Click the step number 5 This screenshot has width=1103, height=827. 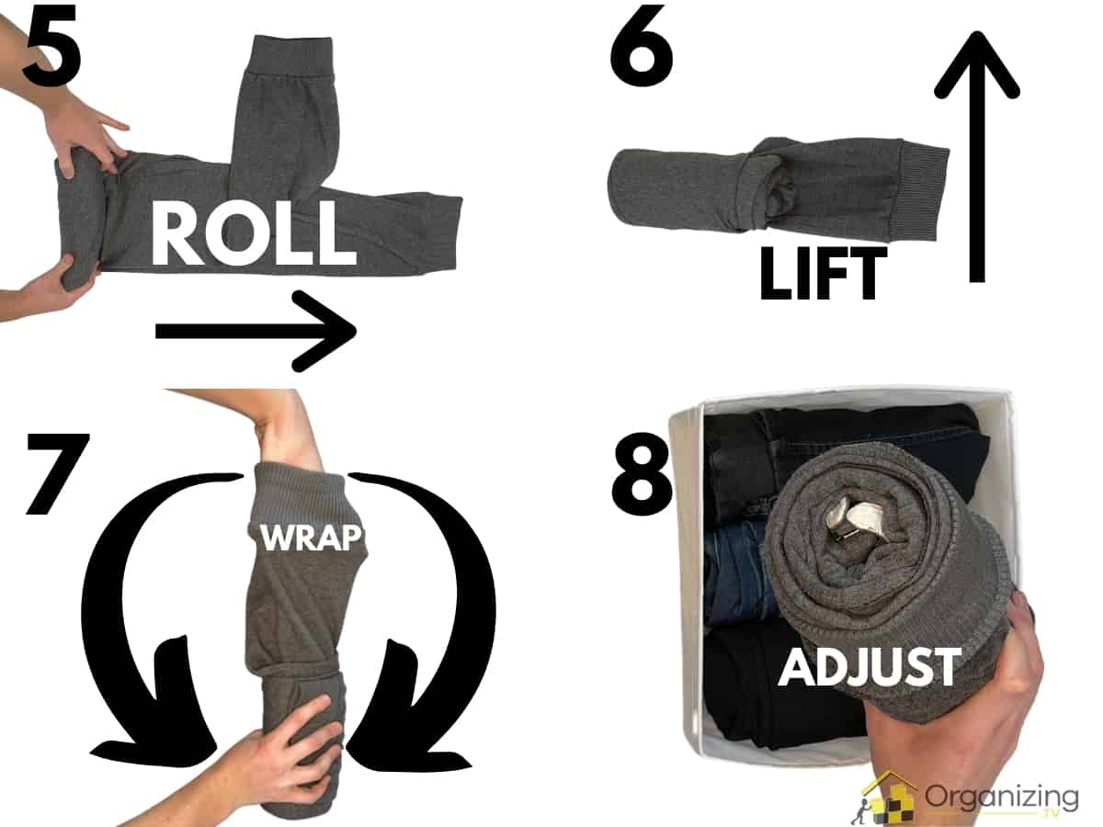(x=51, y=44)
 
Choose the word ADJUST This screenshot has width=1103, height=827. (x=869, y=666)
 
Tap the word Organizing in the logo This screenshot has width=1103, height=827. (x=1002, y=795)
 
